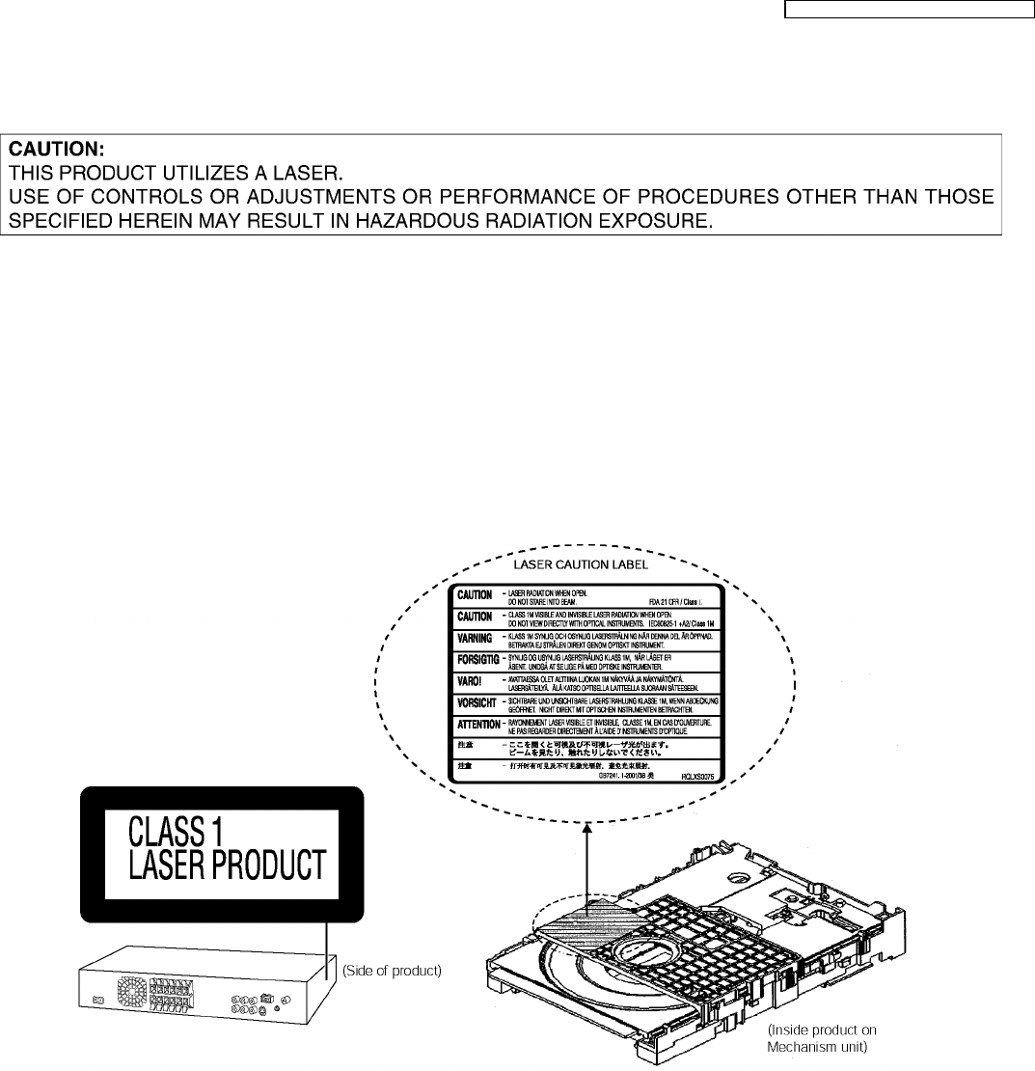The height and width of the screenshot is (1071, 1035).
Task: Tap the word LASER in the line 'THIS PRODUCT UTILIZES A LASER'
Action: pyautogui.click(x=308, y=174)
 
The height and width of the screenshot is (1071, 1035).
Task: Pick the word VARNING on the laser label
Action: pyautogui.click(x=474, y=638)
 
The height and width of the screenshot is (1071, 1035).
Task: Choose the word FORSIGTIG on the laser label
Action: pyautogui.click(x=476, y=660)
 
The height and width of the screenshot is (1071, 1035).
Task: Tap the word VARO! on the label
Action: pyautogui.click(x=470, y=681)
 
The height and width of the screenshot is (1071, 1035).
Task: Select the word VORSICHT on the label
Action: pyautogui.click(x=476, y=702)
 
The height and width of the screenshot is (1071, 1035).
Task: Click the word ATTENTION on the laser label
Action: pyautogui.click(x=477, y=724)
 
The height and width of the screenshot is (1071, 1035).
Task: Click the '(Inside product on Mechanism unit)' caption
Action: pyautogui.click(x=822, y=1038)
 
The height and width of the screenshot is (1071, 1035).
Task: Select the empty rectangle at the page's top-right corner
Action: pyautogui.click(x=907, y=12)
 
